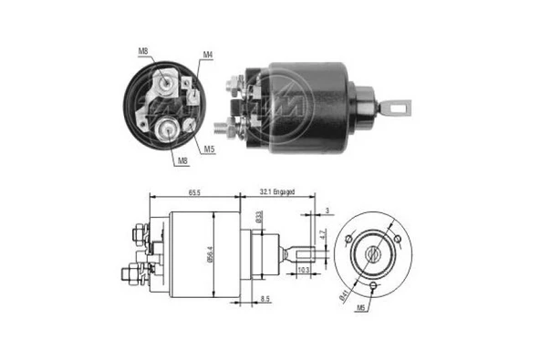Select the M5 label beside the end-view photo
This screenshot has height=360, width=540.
209,149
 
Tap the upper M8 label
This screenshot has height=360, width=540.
142,52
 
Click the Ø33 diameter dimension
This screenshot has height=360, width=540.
259,220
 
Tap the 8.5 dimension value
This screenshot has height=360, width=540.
265,298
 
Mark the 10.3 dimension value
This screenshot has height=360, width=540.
303,270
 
